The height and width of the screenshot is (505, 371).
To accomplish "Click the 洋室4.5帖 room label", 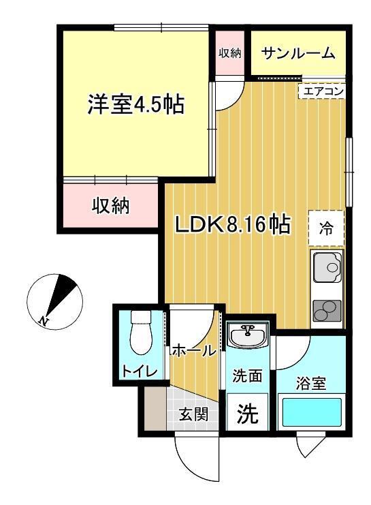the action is [x=135, y=104].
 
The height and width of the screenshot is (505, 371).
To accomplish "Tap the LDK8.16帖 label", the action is [x=233, y=224].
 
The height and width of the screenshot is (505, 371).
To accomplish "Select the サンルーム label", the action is [x=298, y=53].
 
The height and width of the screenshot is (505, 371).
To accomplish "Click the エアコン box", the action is [x=322, y=91].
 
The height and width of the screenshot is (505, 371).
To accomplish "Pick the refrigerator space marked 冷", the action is [x=326, y=228].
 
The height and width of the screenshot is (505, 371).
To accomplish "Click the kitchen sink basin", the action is [x=327, y=266].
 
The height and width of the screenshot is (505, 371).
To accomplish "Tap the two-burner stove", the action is [x=327, y=311].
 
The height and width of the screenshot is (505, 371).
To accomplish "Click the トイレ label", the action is [x=140, y=371].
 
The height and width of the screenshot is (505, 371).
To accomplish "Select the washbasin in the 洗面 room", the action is [x=247, y=335].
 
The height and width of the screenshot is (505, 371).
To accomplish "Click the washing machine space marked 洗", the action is [x=247, y=412].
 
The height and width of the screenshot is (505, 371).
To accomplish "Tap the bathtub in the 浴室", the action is [x=312, y=412].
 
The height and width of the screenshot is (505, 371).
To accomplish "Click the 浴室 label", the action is [x=311, y=383].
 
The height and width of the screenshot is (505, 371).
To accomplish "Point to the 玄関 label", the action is [x=193, y=414].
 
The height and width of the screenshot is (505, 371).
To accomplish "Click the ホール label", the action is [x=193, y=350].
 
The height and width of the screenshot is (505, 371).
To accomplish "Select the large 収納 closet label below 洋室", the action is [x=111, y=206].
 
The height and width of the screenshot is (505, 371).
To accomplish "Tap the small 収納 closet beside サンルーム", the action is [x=229, y=53].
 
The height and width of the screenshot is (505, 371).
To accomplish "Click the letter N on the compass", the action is [x=43, y=320].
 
